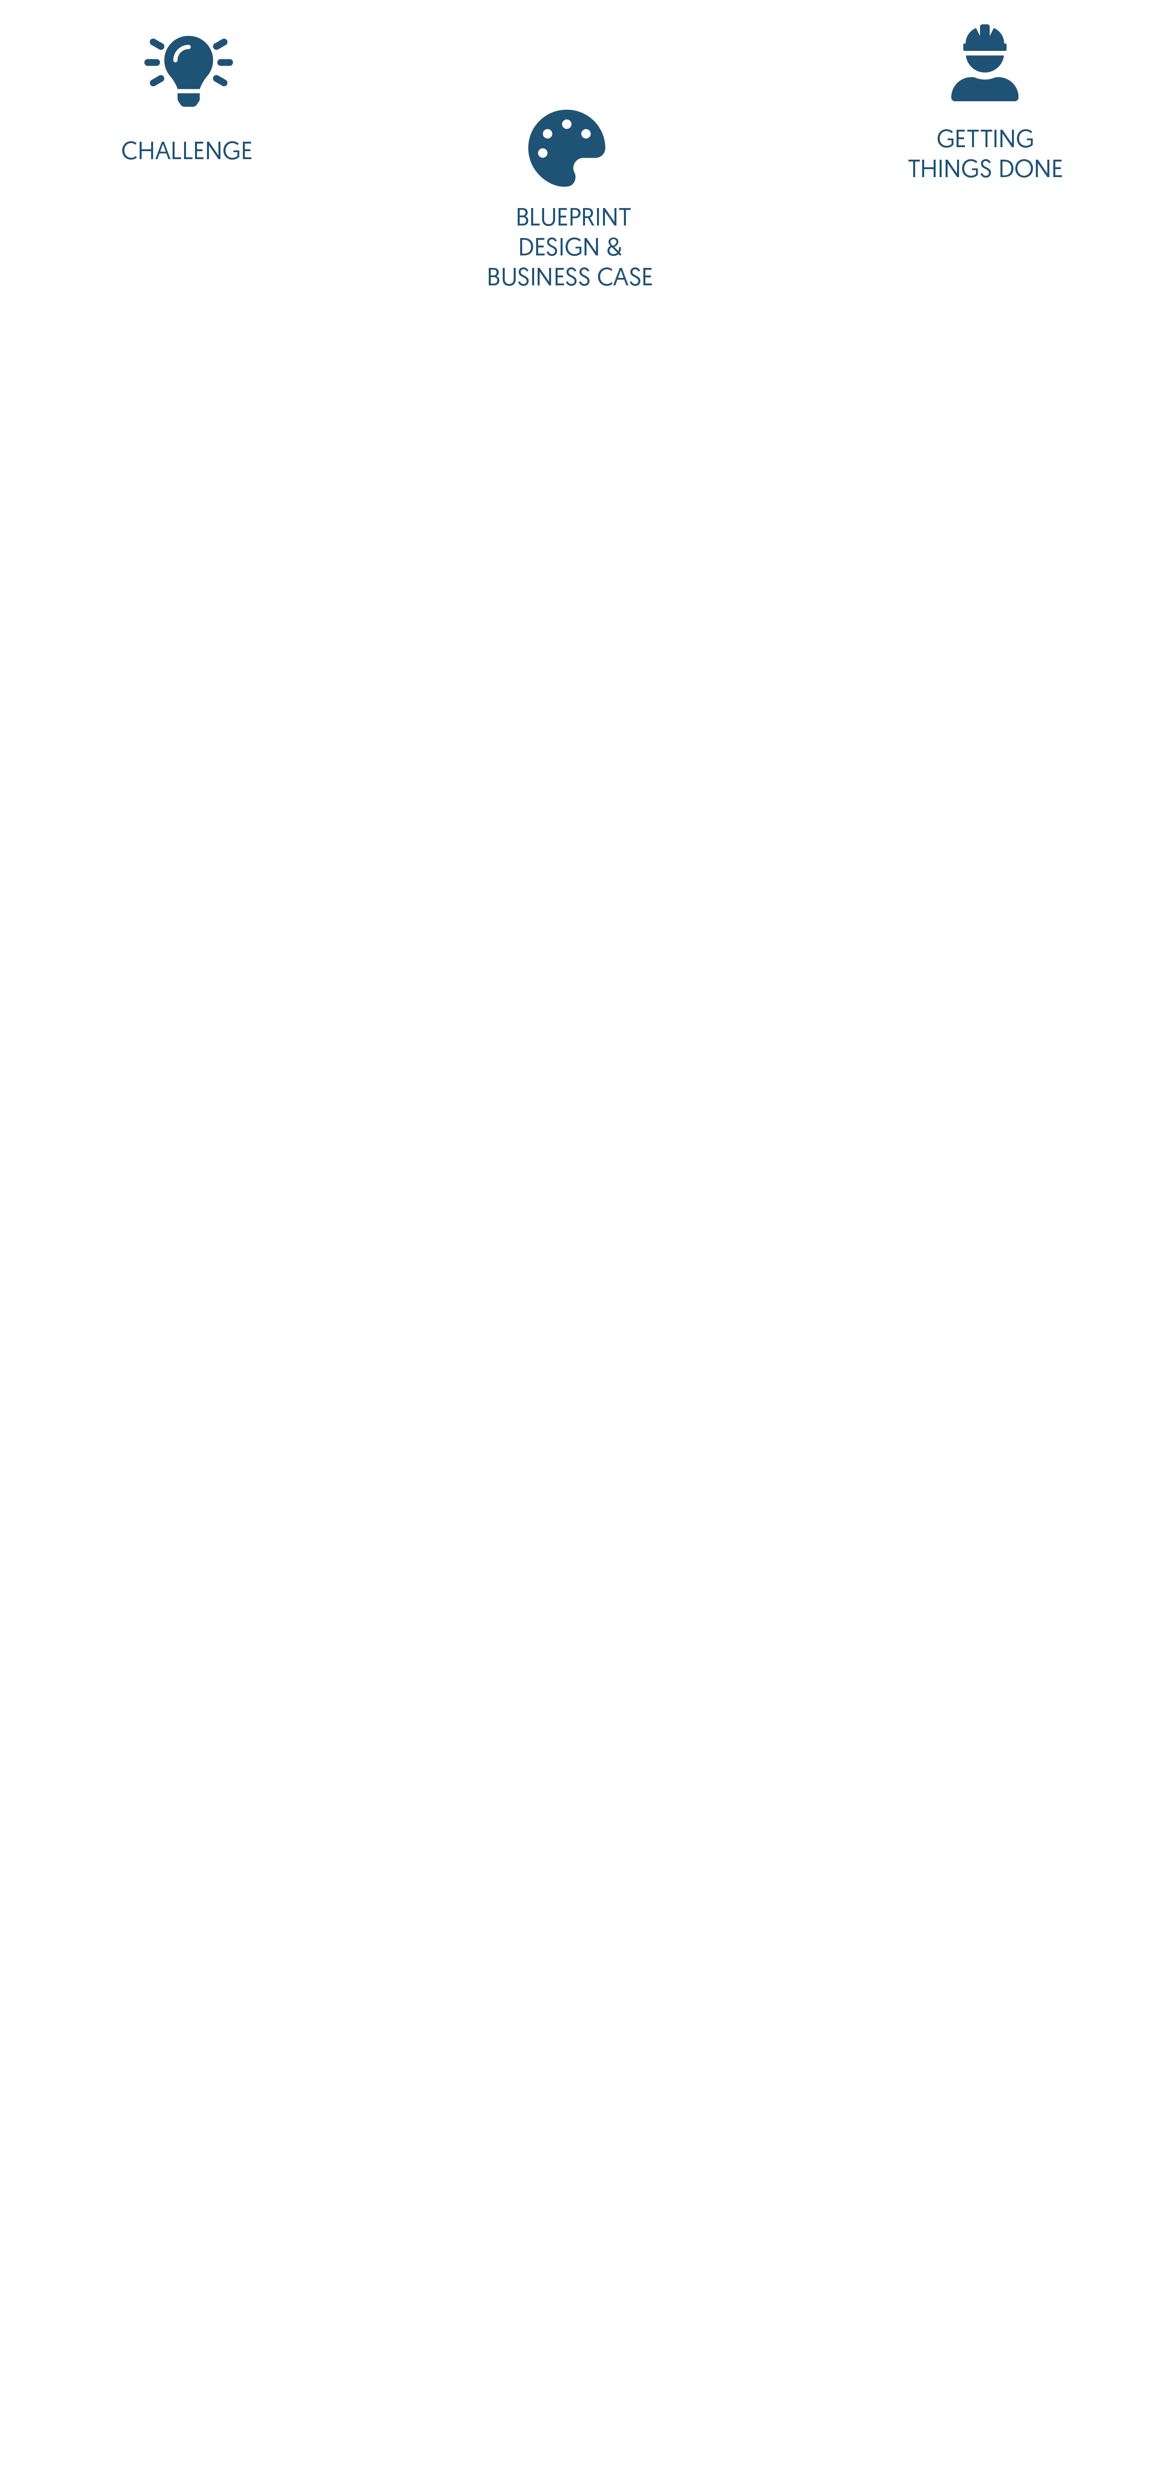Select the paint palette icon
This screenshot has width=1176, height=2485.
(566, 148)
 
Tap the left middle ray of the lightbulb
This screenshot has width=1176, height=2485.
(153, 63)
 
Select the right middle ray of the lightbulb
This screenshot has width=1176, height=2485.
(225, 63)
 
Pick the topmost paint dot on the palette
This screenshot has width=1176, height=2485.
(566, 124)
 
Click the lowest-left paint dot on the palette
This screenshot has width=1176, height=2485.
(542, 153)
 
